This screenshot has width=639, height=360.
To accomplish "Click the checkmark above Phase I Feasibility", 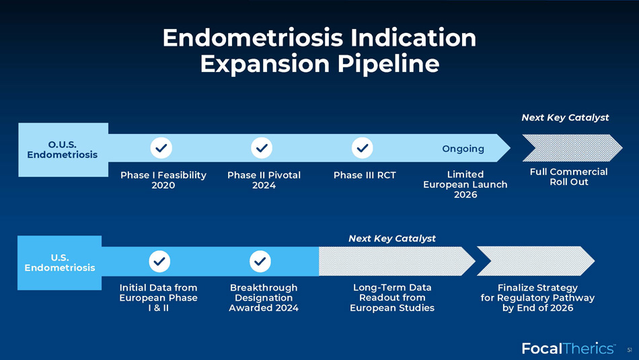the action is click(x=161, y=147).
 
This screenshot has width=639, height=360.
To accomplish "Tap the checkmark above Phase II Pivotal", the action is click(x=262, y=147).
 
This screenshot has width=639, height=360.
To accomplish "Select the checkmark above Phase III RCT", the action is click(x=363, y=147).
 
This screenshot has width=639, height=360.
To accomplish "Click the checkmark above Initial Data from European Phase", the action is click(x=159, y=261).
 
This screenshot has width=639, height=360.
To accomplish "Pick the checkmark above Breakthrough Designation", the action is click(x=260, y=261).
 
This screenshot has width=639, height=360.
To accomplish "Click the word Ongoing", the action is click(x=463, y=149).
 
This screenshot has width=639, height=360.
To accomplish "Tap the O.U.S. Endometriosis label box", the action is click(x=63, y=149).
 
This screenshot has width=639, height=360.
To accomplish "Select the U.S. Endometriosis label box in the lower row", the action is click(x=59, y=262).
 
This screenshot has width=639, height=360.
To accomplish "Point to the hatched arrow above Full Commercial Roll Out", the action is click(x=572, y=148).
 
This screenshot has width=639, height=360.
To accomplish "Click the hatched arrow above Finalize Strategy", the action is click(x=535, y=261).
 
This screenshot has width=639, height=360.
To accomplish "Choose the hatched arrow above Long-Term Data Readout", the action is click(x=397, y=261).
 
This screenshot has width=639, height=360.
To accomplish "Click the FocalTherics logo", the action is click(x=568, y=348).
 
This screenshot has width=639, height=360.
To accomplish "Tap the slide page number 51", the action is click(x=630, y=350).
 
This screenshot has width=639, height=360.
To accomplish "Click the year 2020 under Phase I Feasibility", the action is click(x=163, y=186).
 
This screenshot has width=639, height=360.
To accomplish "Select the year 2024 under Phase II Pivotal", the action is click(x=264, y=186).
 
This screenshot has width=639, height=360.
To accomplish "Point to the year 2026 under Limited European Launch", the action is click(x=465, y=195).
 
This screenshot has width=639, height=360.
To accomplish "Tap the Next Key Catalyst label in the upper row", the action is click(x=565, y=118).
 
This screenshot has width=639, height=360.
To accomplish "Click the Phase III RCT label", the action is click(x=365, y=176).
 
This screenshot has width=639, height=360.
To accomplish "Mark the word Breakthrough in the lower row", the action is click(x=264, y=288).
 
